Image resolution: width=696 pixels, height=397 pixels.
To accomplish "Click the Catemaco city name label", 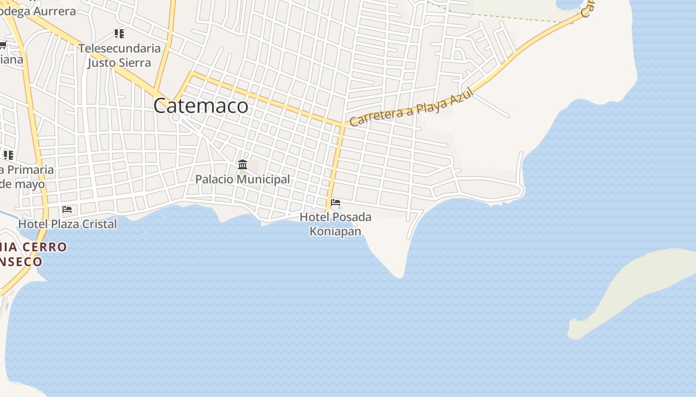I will pos(201,106).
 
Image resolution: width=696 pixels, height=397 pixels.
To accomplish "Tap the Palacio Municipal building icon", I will pos(243,164).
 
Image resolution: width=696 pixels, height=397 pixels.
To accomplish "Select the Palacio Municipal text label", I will pos(243,179).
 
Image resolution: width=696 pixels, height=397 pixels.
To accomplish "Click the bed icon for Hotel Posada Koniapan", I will pos(336,202).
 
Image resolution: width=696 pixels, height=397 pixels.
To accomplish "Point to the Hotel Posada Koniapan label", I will pos(336,224).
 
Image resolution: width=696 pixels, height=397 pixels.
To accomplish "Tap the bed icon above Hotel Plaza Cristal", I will pos(67,209).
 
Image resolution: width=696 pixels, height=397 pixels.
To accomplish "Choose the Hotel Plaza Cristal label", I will pos(68,224).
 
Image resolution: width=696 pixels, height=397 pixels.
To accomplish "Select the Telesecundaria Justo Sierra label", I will pos(119,55).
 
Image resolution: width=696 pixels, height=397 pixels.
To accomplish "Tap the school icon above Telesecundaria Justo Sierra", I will pos(119,34).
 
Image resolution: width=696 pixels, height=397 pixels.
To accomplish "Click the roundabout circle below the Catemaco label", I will pos(175,118).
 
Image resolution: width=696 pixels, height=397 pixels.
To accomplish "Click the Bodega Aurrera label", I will pos(40,11).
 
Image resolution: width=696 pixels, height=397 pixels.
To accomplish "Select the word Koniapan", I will pos(336,231).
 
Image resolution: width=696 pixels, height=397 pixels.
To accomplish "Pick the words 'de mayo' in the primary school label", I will pos(23,184).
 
